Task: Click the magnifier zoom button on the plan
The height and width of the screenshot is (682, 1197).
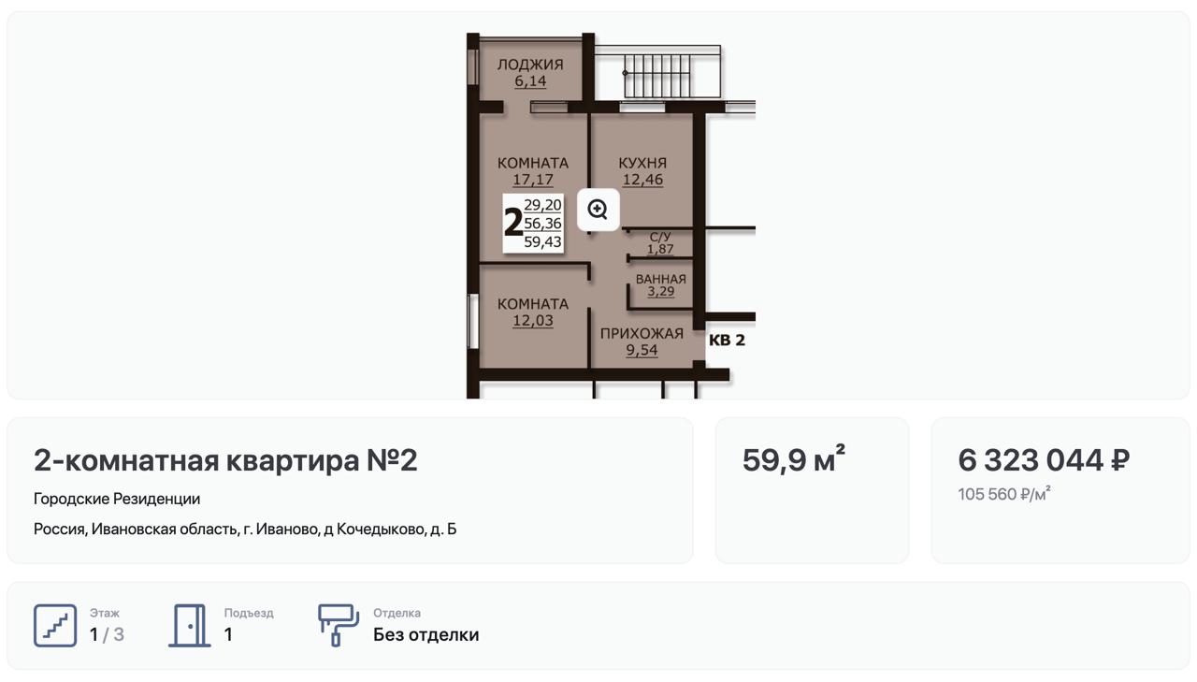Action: (598, 210)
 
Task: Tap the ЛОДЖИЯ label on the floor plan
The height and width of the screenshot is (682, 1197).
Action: (530, 65)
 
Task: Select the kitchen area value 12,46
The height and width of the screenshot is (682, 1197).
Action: (642, 180)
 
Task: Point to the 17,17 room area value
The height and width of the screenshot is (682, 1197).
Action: (533, 180)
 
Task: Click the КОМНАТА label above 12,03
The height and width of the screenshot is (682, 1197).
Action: (533, 304)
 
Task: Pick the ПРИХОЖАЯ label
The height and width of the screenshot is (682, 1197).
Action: (642, 334)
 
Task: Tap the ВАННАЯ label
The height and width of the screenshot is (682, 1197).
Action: (661, 279)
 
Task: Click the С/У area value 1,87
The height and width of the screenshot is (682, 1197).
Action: (660, 249)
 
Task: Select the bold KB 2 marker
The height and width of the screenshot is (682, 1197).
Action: (727, 340)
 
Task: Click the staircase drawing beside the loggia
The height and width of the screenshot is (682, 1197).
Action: (658, 73)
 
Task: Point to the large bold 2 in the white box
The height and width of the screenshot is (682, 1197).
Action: (513, 223)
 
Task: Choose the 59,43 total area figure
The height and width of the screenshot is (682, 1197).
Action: (542, 242)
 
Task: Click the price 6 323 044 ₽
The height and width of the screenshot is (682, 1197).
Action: (1044, 460)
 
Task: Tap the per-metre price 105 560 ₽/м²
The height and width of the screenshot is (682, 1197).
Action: (1004, 494)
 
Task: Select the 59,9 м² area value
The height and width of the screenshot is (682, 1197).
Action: (794, 459)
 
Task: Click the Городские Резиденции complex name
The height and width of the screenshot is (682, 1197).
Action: (117, 499)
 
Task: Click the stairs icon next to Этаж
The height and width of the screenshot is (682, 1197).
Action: (55, 625)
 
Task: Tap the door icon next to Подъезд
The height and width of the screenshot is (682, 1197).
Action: (190, 625)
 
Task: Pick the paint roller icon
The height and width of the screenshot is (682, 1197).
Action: (339, 625)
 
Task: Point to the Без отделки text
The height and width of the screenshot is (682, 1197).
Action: (425, 635)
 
